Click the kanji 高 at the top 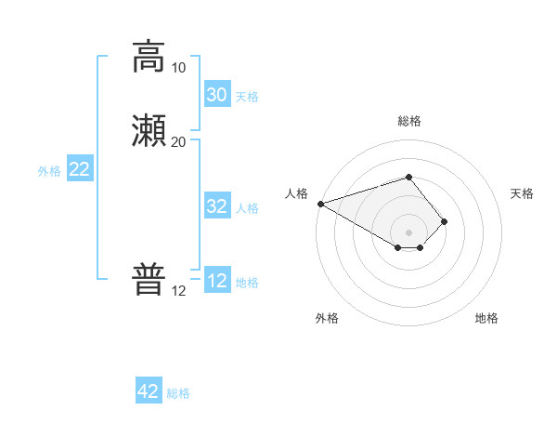tap(148, 57)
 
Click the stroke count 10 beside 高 tap(178, 68)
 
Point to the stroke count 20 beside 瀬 tap(178, 141)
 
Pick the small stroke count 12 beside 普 tap(178, 291)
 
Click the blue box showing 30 tap(216, 95)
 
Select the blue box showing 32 tap(216, 206)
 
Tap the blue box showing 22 tap(80, 169)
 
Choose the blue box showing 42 tap(149, 391)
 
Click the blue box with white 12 tap(216, 281)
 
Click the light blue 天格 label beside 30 tap(247, 97)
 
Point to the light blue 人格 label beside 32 tap(247, 208)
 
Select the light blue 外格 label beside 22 tap(49, 171)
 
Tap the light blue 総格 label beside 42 tap(178, 393)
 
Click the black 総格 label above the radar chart tap(408, 121)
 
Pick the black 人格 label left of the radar tap(296, 193)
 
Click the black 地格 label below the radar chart tap(486, 318)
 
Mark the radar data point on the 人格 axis tap(320, 204)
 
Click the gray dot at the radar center tap(408, 232)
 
